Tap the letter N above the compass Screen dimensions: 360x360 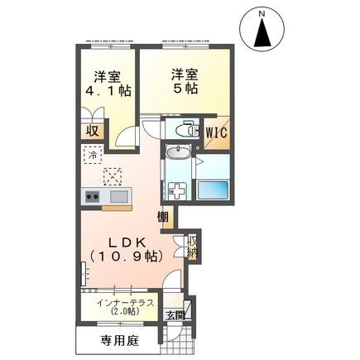click(x=262, y=13)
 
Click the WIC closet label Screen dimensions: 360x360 click(x=218, y=132)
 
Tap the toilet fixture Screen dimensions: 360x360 click(x=188, y=130)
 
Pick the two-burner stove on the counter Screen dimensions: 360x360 click(x=92, y=196)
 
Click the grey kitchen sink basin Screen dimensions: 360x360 click(x=117, y=196)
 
